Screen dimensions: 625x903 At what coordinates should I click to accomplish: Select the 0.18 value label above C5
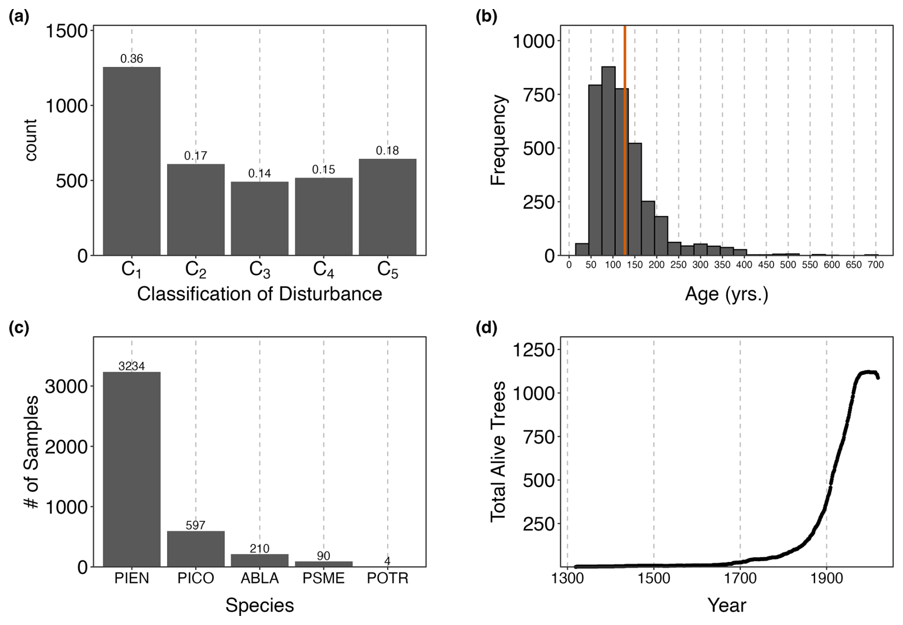click(387, 151)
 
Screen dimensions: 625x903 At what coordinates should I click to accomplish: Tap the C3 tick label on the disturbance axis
click(260, 270)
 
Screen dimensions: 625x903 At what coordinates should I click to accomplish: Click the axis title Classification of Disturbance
click(259, 294)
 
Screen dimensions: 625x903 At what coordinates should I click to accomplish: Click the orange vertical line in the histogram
click(625, 143)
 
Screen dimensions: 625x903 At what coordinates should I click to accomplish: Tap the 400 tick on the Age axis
click(744, 265)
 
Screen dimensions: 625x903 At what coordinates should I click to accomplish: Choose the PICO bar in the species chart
click(196, 549)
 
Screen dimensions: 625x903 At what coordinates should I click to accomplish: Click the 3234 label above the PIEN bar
click(132, 366)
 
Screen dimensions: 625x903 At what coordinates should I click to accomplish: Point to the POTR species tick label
click(388, 579)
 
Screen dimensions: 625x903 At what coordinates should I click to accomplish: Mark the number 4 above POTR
click(388, 561)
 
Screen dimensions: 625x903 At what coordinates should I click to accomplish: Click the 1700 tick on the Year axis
click(740, 579)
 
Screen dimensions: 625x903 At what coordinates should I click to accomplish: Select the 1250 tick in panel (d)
click(534, 350)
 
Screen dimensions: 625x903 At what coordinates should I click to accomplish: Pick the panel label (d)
click(486, 328)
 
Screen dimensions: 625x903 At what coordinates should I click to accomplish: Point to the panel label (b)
click(486, 17)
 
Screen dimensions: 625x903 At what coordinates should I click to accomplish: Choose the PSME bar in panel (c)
click(324, 564)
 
